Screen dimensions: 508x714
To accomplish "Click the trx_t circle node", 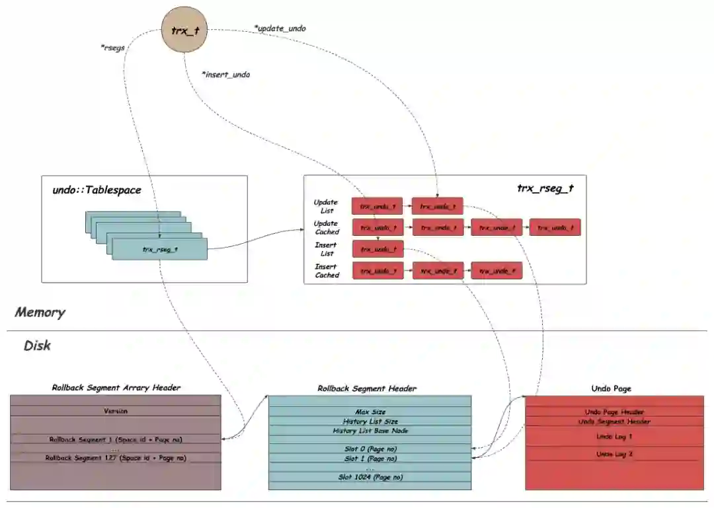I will click(x=184, y=30).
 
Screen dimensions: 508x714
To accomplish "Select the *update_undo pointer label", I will click(x=280, y=28).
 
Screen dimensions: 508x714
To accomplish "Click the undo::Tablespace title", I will click(x=97, y=190).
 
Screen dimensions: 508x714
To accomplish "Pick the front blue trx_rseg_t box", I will click(x=160, y=249).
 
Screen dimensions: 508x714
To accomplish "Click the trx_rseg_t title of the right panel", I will click(x=545, y=188).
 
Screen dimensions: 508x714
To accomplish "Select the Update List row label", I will click(x=326, y=206).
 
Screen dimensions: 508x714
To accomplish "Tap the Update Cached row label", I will click(x=326, y=227).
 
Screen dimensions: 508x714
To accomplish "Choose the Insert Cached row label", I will click(x=326, y=271).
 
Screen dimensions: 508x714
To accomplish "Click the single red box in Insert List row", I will click(x=377, y=249).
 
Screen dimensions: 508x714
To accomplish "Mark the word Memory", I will click(x=40, y=312).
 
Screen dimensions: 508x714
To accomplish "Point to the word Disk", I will click(x=37, y=345).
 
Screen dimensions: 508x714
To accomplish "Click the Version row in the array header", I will click(x=116, y=411).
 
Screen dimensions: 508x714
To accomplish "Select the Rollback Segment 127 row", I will click(x=116, y=457).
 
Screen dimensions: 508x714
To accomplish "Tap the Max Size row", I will click(x=370, y=412).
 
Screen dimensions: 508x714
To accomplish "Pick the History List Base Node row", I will click(x=370, y=431).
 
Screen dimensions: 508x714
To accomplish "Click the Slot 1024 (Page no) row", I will click(x=370, y=477).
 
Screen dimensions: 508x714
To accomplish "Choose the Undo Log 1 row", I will click(x=614, y=437).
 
